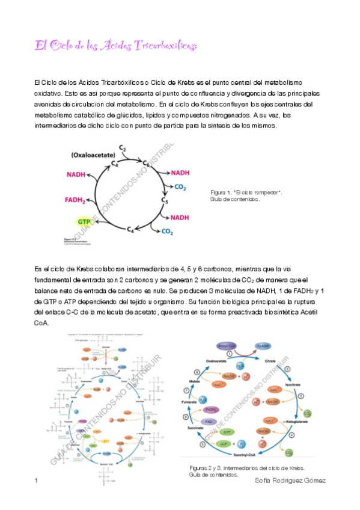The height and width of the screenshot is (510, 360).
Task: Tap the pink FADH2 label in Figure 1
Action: [x=75, y=200]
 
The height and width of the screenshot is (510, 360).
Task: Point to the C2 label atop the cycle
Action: [x=122, y=148]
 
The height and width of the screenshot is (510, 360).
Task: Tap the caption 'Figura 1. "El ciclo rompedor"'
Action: [x=246, y=192]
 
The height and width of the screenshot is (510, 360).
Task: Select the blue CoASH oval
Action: [x=263, y=346]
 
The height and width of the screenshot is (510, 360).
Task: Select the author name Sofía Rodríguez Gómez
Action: [x=290, y=481]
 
